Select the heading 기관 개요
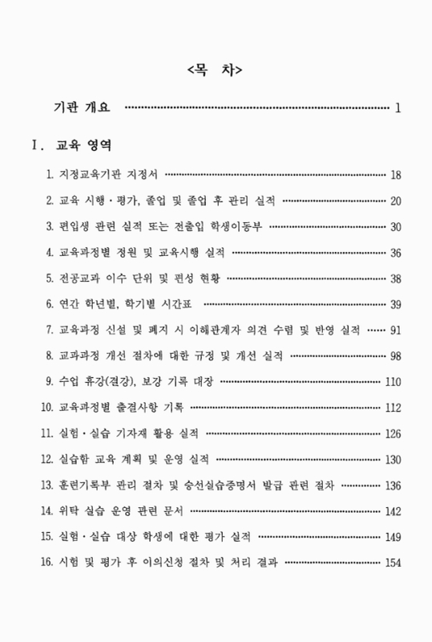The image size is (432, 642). [82, 107]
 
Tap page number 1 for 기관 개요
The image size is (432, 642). [398, 107]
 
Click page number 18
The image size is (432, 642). [395, 174]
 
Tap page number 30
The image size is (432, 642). [395, 226]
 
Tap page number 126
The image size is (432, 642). [393, 434]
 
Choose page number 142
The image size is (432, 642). [393, 511]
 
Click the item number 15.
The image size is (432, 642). [46, 537]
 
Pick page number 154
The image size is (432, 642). [393, 563]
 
